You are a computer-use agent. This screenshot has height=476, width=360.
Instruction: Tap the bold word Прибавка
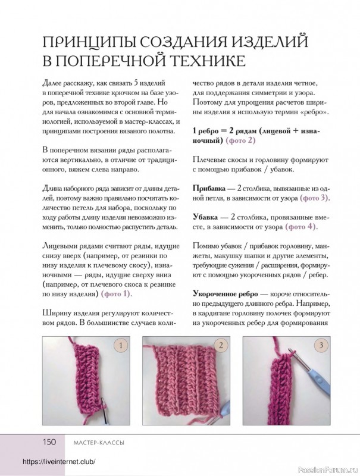[x=209, y=187]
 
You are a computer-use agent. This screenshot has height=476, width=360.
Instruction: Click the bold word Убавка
[x=206, y=217]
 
